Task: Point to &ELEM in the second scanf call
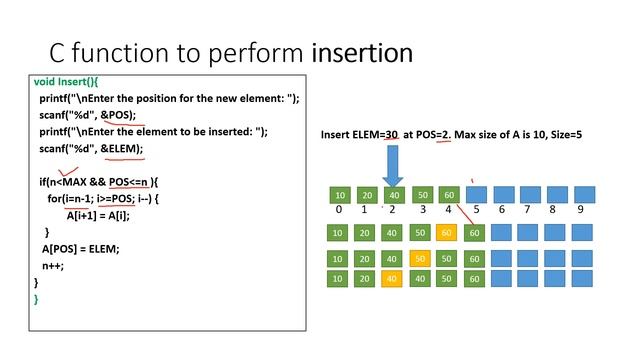point(121,149)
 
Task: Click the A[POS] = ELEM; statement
point(80,248)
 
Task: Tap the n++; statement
point(52,265)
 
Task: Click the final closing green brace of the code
point(37,298)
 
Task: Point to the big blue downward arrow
point(392,163)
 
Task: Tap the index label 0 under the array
point(340,210)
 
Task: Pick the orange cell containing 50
point(420,258)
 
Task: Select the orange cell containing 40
point(393,278)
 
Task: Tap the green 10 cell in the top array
point(340,194)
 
